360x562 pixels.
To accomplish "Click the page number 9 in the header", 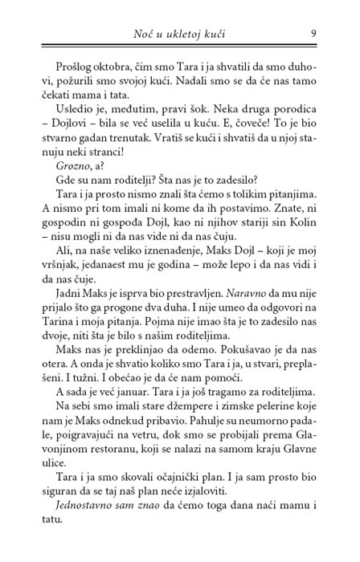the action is (312, 34).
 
